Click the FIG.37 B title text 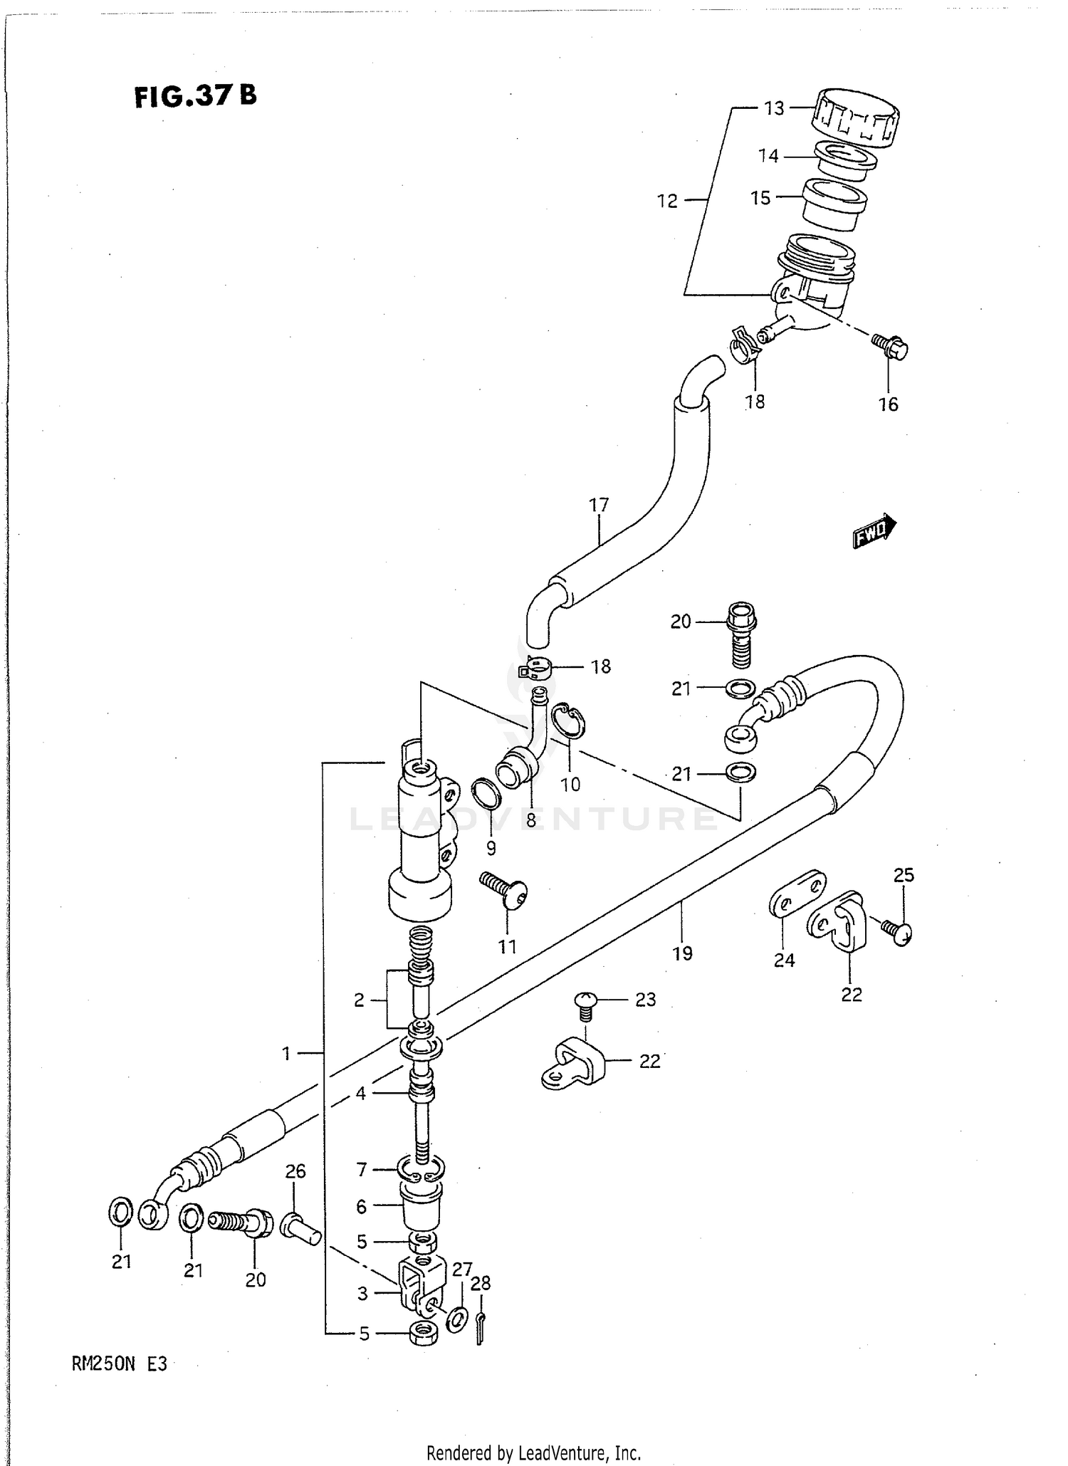click(195, 95)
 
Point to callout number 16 click(888, 404)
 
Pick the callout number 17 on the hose click(599, 505)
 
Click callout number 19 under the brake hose click(682, 953)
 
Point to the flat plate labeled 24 click(797, 890)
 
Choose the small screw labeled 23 click(584, 1001)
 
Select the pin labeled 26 click(301, 1227)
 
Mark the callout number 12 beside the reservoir click(667, 201)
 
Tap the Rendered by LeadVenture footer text click(533, 1452)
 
